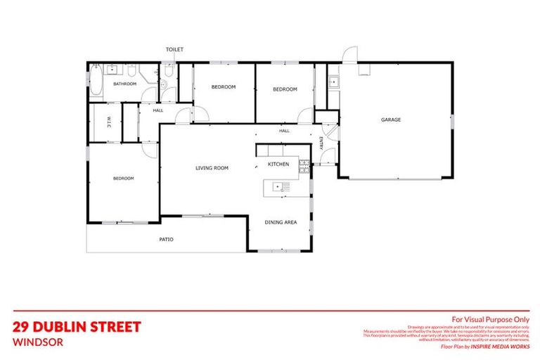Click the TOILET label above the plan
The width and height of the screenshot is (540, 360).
click(174, 49)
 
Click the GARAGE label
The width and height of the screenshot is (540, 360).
click(391, 120)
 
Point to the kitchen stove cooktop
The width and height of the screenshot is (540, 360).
click(304, 166)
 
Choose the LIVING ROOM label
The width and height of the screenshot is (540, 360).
click(212, 168)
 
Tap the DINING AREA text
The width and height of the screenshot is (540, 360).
click(281, 222)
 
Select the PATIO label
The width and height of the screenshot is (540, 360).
click(166, 240)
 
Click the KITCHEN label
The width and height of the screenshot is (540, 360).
click(278, 164)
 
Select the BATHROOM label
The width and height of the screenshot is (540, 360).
click(125, 84)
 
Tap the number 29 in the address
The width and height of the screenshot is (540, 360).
click(22, 327)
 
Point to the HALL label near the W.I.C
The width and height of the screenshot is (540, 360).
click(158, 110)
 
